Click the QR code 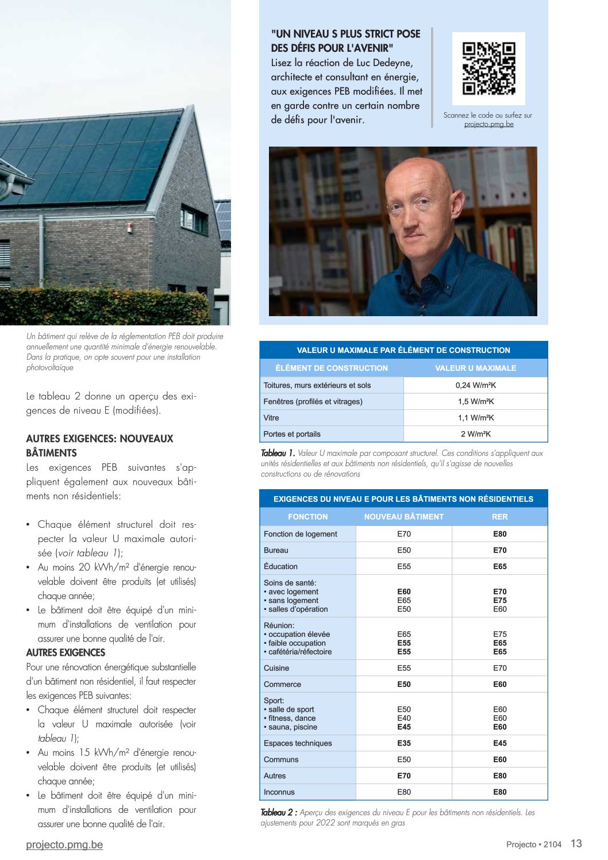tap(488, 68)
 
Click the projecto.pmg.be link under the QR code tap(488, 124)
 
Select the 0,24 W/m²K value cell tap(475, 385)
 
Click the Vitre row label tap(271, 418)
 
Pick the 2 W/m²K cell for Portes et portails tap(475, 434)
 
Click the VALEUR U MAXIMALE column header tap(475, 368)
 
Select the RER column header tap(499, 517)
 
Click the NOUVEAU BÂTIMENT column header tap(403, 517)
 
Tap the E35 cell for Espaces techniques tap(404, 743)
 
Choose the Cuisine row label tap(276, 668)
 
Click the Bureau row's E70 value tap(499, 550)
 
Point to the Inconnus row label tap(279, 792)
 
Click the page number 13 tap(576, 843)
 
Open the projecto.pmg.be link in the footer tap(64, 844)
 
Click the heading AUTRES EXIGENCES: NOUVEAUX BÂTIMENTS tap(99, 446)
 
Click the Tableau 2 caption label tap(279, 813)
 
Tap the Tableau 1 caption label tap(278, 454)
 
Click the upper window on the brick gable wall tap(193, 219)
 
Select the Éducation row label tap(280, 566)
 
